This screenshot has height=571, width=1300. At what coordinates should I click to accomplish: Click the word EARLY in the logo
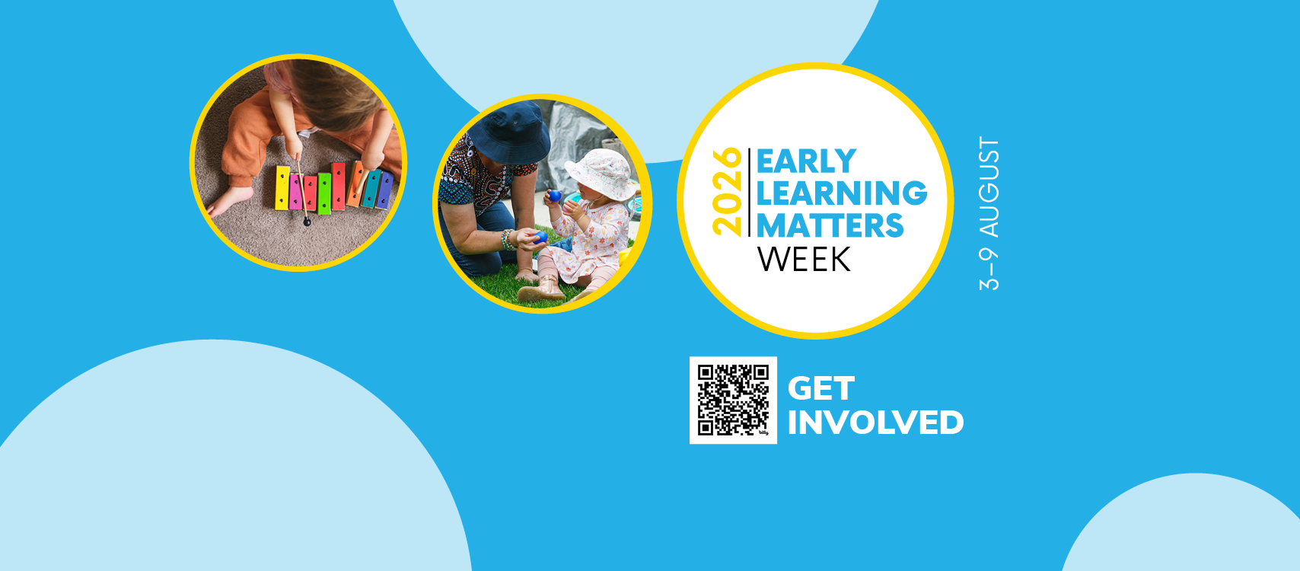[806, 161]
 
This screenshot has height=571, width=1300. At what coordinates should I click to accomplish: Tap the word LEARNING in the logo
[842, 193]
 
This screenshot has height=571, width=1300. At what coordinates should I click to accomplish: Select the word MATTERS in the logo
[830, 225]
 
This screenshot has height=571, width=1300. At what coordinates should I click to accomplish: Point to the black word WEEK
[804, 260]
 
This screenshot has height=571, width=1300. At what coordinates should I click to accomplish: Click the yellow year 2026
[727, 192]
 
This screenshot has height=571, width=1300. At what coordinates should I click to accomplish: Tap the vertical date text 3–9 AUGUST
[989, 213]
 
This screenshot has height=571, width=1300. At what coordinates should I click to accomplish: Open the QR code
[733, 400]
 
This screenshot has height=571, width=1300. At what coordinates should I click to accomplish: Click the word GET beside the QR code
[821, 388]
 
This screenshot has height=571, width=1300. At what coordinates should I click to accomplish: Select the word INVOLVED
[876, 423]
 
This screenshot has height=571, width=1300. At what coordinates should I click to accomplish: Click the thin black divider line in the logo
[749, 192]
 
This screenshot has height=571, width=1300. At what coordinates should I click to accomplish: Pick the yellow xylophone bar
[282, 188]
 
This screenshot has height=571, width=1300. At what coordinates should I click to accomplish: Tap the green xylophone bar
[324, 193]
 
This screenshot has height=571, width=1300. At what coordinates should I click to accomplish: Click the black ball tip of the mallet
[307, 222]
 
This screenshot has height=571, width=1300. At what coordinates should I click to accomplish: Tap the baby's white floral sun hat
[602, 172]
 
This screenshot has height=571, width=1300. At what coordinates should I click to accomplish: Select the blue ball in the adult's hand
[540, 237]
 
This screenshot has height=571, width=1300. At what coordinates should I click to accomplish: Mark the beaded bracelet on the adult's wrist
[507, 240]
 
